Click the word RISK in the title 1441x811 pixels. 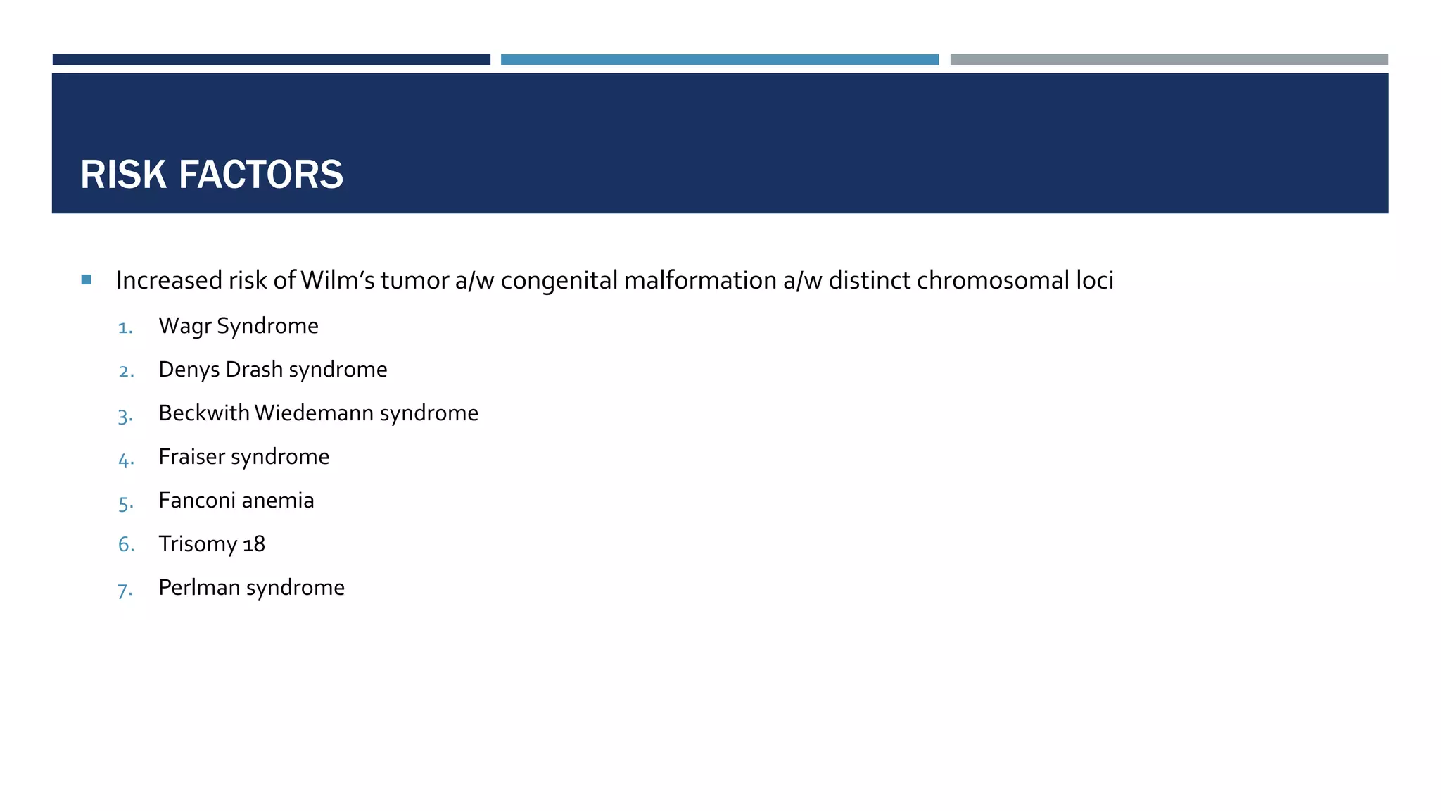123,175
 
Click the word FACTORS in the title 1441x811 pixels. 261,175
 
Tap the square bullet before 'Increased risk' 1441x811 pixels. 87,280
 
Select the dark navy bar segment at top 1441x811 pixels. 271,60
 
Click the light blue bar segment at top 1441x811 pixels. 719,60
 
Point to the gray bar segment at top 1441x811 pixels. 1169,60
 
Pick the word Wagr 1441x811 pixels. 184,327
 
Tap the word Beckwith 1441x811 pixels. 204,413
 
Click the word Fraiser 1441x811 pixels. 191,457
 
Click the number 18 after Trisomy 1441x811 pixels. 254,544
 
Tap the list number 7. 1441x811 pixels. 125,590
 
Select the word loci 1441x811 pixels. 1095,280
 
